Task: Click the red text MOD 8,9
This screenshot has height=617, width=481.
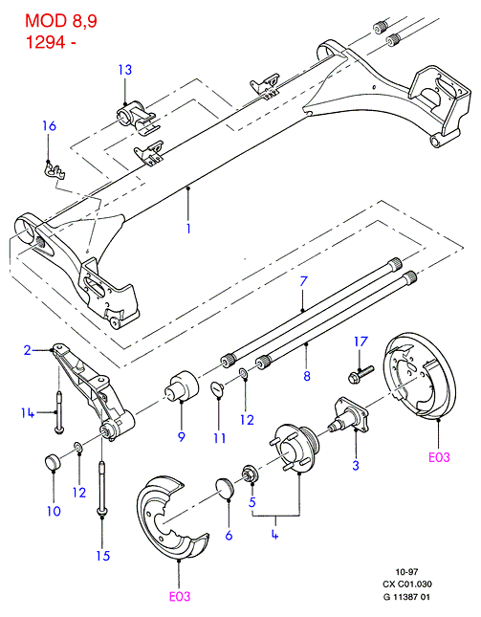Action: [61, 21]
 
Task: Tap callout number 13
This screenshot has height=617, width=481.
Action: [125, 70]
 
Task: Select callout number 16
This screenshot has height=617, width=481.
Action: [50, 126]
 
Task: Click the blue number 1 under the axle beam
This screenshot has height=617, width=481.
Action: [188, 229]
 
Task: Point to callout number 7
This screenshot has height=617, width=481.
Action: [303, 281]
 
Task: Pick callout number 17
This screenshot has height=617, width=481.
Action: [361, 342]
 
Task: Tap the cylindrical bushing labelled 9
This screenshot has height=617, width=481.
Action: [182, 386]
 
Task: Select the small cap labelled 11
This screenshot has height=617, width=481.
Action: [217, 388]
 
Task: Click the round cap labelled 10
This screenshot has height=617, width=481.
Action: [53, 461]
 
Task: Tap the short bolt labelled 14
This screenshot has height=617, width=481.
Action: [58, 411]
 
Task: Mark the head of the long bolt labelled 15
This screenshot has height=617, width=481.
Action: [102, 511]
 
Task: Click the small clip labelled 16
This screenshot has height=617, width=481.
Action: [54, 170]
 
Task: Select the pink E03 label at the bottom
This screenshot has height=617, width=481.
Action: [180, 597]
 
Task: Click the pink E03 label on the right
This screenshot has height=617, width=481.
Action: [439, 457]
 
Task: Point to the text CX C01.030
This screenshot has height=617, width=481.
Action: [407, 584]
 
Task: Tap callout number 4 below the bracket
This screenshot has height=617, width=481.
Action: [274, 535]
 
